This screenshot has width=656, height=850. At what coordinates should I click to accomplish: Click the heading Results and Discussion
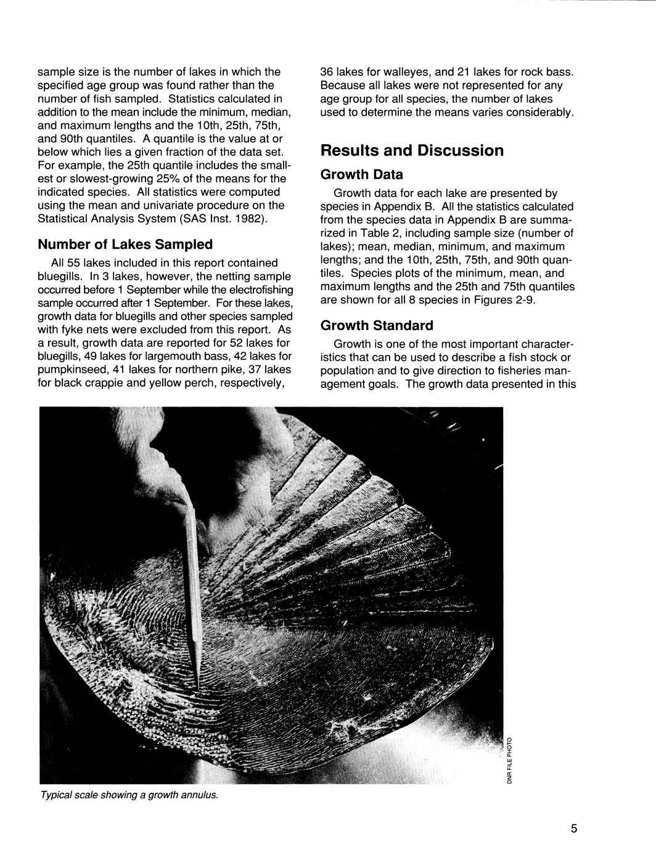point(412,151)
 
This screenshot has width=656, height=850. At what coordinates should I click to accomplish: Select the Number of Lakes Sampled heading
point(125,245)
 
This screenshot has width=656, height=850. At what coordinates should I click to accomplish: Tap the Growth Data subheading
point(361,175)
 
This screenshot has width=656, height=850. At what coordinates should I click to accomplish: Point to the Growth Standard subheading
point(377,325)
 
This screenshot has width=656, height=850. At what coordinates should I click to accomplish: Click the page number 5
point(573,828)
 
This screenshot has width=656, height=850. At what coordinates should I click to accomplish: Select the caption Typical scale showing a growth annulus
point(129,795)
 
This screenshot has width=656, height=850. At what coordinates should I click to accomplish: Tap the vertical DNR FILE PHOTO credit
point(509,759)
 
